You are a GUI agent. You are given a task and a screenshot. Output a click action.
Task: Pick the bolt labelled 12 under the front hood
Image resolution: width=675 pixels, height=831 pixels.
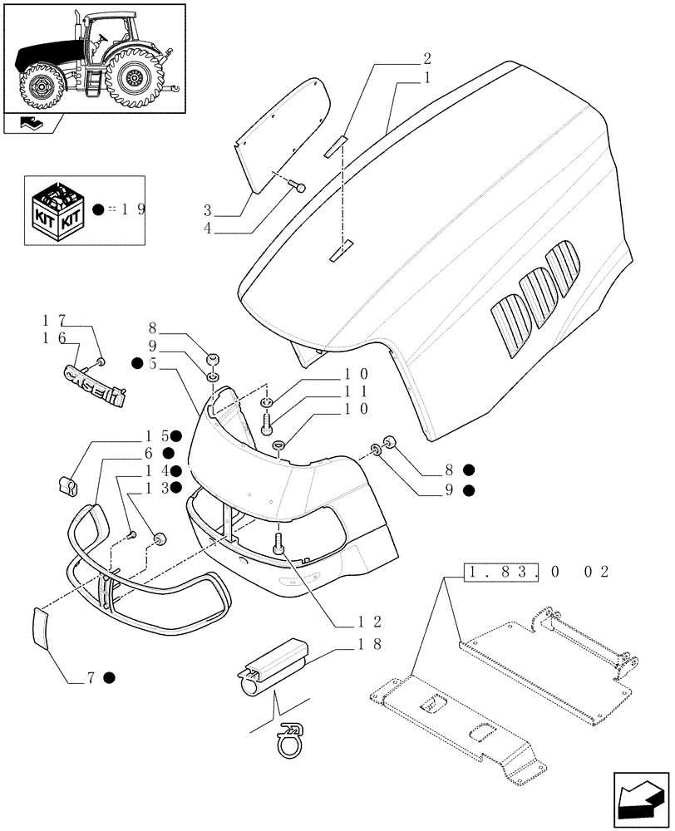coord(279,543)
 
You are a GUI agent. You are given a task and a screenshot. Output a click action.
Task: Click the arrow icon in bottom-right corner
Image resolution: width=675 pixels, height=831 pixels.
coord(640,799)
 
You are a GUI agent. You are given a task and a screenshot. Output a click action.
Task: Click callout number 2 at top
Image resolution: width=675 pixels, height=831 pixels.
coord(426,58)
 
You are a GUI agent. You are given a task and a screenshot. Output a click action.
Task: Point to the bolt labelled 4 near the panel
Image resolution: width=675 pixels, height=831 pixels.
coord(300,188)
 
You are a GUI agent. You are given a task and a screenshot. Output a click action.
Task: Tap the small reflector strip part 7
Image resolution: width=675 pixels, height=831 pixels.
coord(42,627)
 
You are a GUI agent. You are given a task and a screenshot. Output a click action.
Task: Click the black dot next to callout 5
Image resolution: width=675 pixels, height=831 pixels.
coord(136,363)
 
